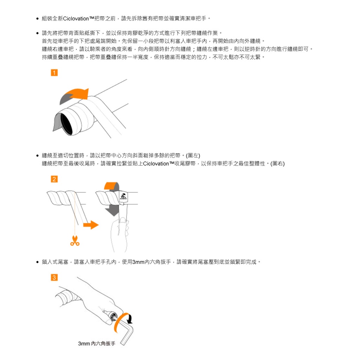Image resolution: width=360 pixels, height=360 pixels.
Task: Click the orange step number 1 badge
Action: [54, 73]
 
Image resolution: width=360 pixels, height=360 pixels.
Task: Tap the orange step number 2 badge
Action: [54, 179]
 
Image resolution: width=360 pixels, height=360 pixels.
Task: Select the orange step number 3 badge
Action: [54, 277]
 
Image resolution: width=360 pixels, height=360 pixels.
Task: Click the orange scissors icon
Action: [75, 241]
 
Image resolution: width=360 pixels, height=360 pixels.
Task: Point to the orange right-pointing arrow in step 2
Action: [91, 225]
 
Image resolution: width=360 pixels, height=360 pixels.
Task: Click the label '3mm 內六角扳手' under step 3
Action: [97, 343]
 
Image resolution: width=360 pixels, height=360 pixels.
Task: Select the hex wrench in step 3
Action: [125, 330]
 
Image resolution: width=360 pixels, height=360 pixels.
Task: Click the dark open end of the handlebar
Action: [67, 124]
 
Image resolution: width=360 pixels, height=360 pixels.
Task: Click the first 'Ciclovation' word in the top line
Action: [76, 18]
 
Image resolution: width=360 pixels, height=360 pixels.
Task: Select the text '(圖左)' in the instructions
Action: [193, 156]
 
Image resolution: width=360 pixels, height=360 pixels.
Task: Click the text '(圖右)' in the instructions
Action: [277, 164]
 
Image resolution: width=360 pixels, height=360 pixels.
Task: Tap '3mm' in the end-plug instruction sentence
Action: [138, 262]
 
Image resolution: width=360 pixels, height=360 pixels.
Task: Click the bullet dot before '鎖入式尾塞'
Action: [37, 262]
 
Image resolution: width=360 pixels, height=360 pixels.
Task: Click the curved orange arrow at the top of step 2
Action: [111, 186]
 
